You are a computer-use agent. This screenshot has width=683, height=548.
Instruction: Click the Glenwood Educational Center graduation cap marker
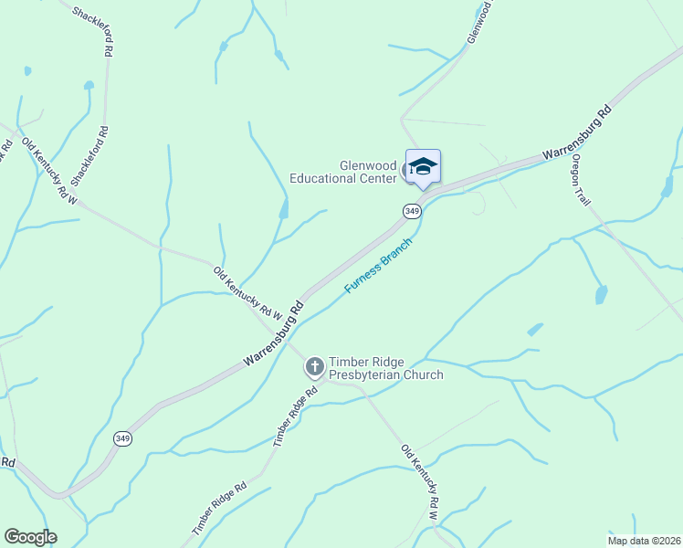tap(423, 167)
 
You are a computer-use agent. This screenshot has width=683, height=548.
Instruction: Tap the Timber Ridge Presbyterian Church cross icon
tap(314, 367)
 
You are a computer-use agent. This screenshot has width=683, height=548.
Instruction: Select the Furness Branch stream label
tap(378, 266)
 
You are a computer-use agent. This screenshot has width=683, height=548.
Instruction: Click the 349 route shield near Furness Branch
tap(412, 211)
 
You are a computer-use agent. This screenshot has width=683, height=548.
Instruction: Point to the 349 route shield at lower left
tap(123, 438)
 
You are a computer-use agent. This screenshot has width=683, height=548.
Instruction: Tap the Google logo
tap(30, 537)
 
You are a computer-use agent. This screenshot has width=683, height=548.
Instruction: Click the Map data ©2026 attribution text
tap(644, 540)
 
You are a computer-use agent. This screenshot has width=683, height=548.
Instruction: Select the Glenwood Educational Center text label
tap(343, 172)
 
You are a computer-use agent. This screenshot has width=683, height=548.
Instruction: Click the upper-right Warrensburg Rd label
tap(576, 133)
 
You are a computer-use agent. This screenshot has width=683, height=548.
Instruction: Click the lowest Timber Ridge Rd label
tap(219, 510)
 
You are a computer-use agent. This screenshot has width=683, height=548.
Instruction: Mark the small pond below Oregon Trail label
tap(601, 294)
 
